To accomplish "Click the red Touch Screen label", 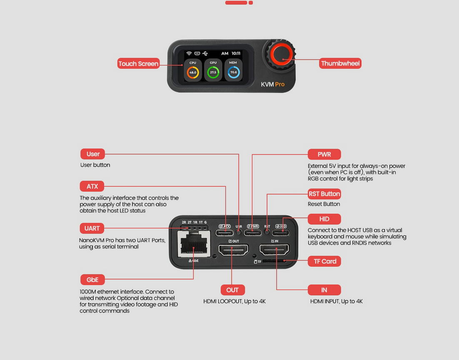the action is [x=138, y=63].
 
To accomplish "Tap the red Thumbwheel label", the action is [x=340, y=63].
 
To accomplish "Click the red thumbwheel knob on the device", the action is [x=281, y=54].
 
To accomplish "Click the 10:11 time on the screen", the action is [x=236, y=53].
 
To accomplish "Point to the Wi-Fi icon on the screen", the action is [x=189, y=53].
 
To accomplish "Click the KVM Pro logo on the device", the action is [x=272, y=84].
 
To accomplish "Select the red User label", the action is [x=93, y=154].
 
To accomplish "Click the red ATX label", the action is [x=92, y=186].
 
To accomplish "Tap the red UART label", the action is [x=92, y=228].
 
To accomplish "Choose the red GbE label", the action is [x=92, y=280].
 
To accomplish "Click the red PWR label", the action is [x=324, y=154].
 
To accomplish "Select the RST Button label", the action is [x=324, y=194].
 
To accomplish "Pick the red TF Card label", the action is [x=324, y=261].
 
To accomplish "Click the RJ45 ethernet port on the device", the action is [x=194, y=244].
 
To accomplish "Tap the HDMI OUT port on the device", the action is [x=233, y=250].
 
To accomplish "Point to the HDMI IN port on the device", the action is [x=274, y=250].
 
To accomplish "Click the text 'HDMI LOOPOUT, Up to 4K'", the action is [x=234, y=301].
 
